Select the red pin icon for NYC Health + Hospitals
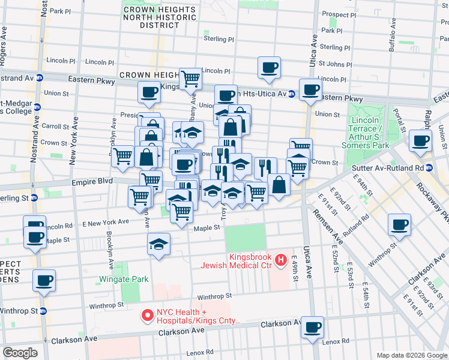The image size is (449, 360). (x=146, y=314)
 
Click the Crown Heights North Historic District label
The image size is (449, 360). (x=159, y=17)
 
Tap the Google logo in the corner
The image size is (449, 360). (x=20, y=353)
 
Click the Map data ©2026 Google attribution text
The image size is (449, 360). (x=411, y=355)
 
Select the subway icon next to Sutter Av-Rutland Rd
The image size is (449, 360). (x=429, y=168)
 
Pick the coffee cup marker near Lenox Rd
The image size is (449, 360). (x=312, y=328)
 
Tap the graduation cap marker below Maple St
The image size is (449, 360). (x=158, y=244)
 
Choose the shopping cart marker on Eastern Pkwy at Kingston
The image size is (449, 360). (x=190, y=78)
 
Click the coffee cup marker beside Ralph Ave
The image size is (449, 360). (x=421, y=141)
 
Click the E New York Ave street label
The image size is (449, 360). (x=106, y=223)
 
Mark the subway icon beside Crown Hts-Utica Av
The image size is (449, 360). (x=291, y=94)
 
